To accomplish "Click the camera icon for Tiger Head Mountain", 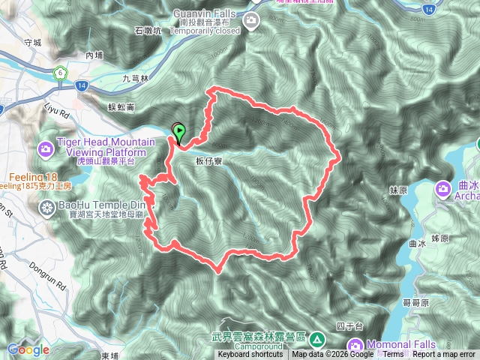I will click(x=46, y=149).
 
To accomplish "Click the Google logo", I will click(x=28, y=349).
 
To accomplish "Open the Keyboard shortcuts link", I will click(x=251, y=355).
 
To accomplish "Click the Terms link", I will click(x=393, y=355).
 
